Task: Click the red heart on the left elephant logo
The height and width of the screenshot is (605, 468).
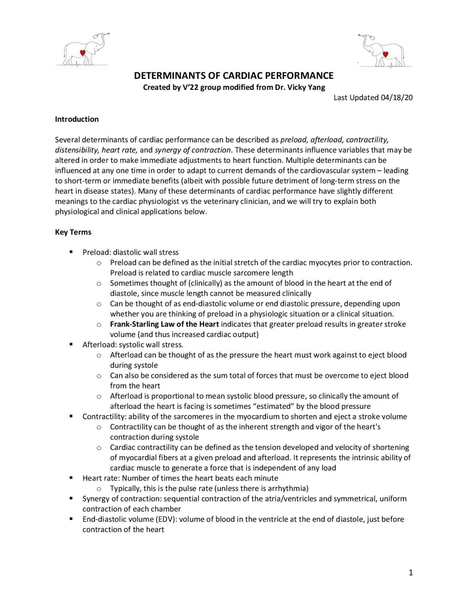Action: [x=83, y=53]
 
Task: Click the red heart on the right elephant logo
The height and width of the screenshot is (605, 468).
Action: [x=385, y=54]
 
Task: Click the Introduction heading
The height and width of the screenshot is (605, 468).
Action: [x=77, y=119]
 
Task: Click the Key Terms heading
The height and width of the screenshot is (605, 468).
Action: [x=73, y=232]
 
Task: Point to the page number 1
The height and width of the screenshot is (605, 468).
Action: [x=411, y=572]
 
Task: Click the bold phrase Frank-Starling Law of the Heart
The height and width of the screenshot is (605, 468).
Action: [x=164, y=324]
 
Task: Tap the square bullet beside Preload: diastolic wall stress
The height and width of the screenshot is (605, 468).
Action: [x=71, y=252]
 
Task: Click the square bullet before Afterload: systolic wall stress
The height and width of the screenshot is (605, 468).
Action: [x=71, y=345]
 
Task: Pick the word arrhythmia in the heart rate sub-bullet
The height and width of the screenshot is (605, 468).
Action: [x=288, y=488]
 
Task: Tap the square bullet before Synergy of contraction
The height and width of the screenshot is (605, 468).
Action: [x=71, y=499]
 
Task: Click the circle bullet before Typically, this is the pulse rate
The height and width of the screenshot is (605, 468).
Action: [x=99, y=489]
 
